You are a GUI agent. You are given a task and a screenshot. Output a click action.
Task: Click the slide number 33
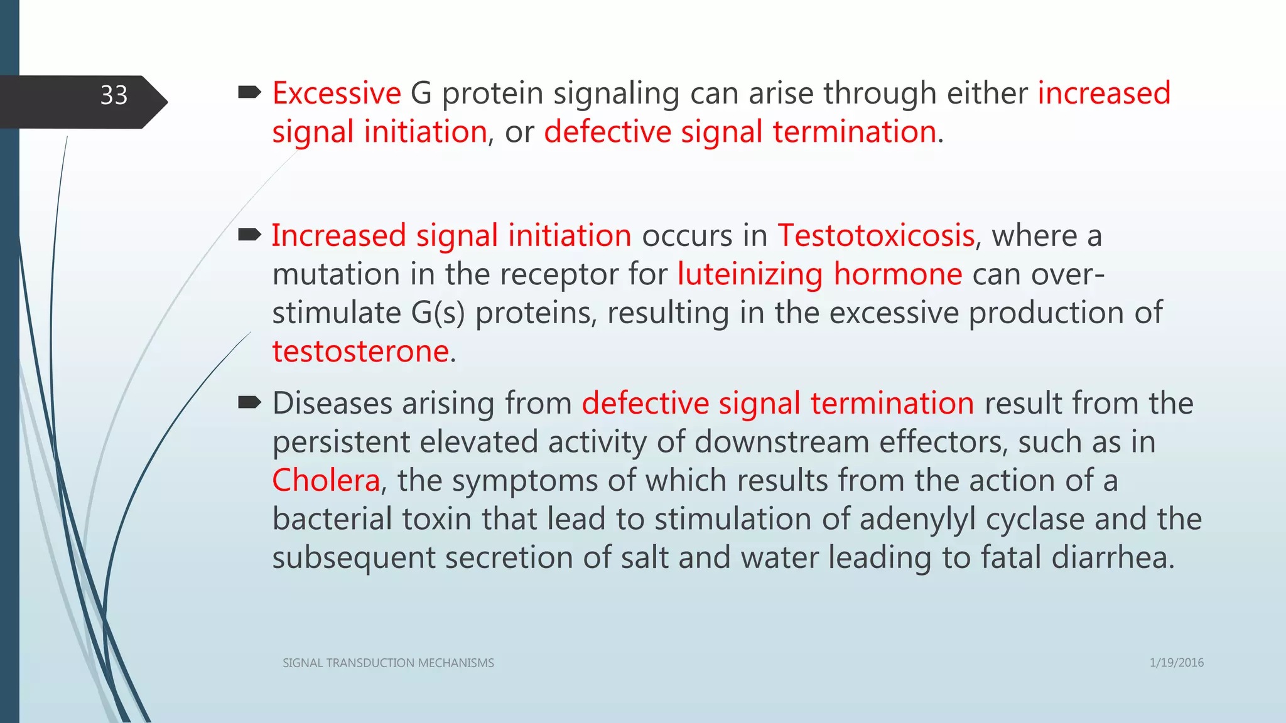[x=114, y=95]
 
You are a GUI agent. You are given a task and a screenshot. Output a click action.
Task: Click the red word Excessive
[x=337, y=94]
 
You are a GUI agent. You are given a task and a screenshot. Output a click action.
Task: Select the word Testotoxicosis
[x=876, y=236]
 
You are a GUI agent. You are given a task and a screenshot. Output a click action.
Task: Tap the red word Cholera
[x=326, y=481]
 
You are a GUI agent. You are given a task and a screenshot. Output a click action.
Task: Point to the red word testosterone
[x=360, y=351]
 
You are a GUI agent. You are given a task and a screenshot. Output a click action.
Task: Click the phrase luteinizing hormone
[x=819, y=275]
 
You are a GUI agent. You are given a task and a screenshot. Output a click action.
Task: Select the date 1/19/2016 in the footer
[x=1176, y=663]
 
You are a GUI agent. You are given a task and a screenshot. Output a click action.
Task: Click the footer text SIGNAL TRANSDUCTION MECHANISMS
[x=388, y=663]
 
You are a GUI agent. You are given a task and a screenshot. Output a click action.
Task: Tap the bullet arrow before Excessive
[x=250, y=94]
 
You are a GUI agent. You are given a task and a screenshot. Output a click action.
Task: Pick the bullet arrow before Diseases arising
[x=250, y=403]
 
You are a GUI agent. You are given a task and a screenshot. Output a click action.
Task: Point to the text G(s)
[x=438, y=313]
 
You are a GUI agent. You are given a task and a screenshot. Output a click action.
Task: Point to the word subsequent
[x=354, y=558]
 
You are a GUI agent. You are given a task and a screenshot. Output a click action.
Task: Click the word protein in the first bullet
[x=492, y=94]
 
